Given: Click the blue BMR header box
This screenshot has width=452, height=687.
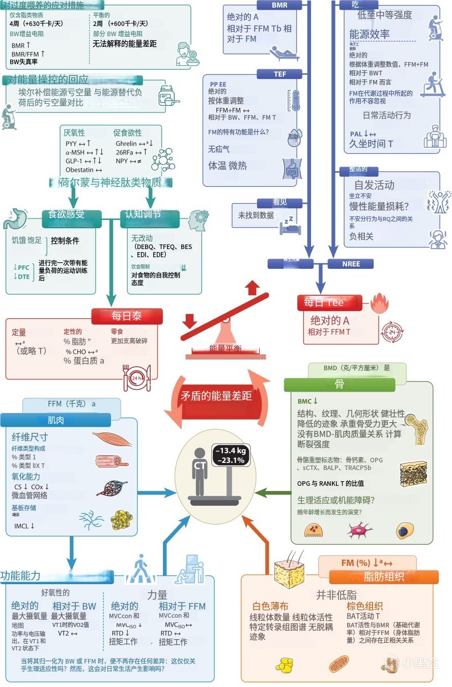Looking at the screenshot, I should point(279,5).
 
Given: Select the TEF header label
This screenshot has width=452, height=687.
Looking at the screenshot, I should point(279,74).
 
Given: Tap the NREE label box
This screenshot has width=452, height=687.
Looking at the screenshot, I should point(351,264).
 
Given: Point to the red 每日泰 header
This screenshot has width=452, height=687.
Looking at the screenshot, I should point(127,316).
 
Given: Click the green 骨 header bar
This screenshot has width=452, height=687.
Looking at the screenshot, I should point(339,384).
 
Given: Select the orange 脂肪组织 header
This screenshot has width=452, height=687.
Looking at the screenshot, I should point(384,577).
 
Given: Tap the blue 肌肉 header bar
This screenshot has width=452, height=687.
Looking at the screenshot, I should point(55,420).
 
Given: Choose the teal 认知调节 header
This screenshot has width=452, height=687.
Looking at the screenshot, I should point(143,214).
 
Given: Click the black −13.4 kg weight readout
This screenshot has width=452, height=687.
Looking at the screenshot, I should point(230,451).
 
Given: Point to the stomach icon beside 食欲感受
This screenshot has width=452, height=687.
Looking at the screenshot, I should point(15,218).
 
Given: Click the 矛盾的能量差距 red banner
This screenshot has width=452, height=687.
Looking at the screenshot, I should point(216,396).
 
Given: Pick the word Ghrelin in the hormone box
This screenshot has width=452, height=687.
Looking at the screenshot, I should point(126,144).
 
